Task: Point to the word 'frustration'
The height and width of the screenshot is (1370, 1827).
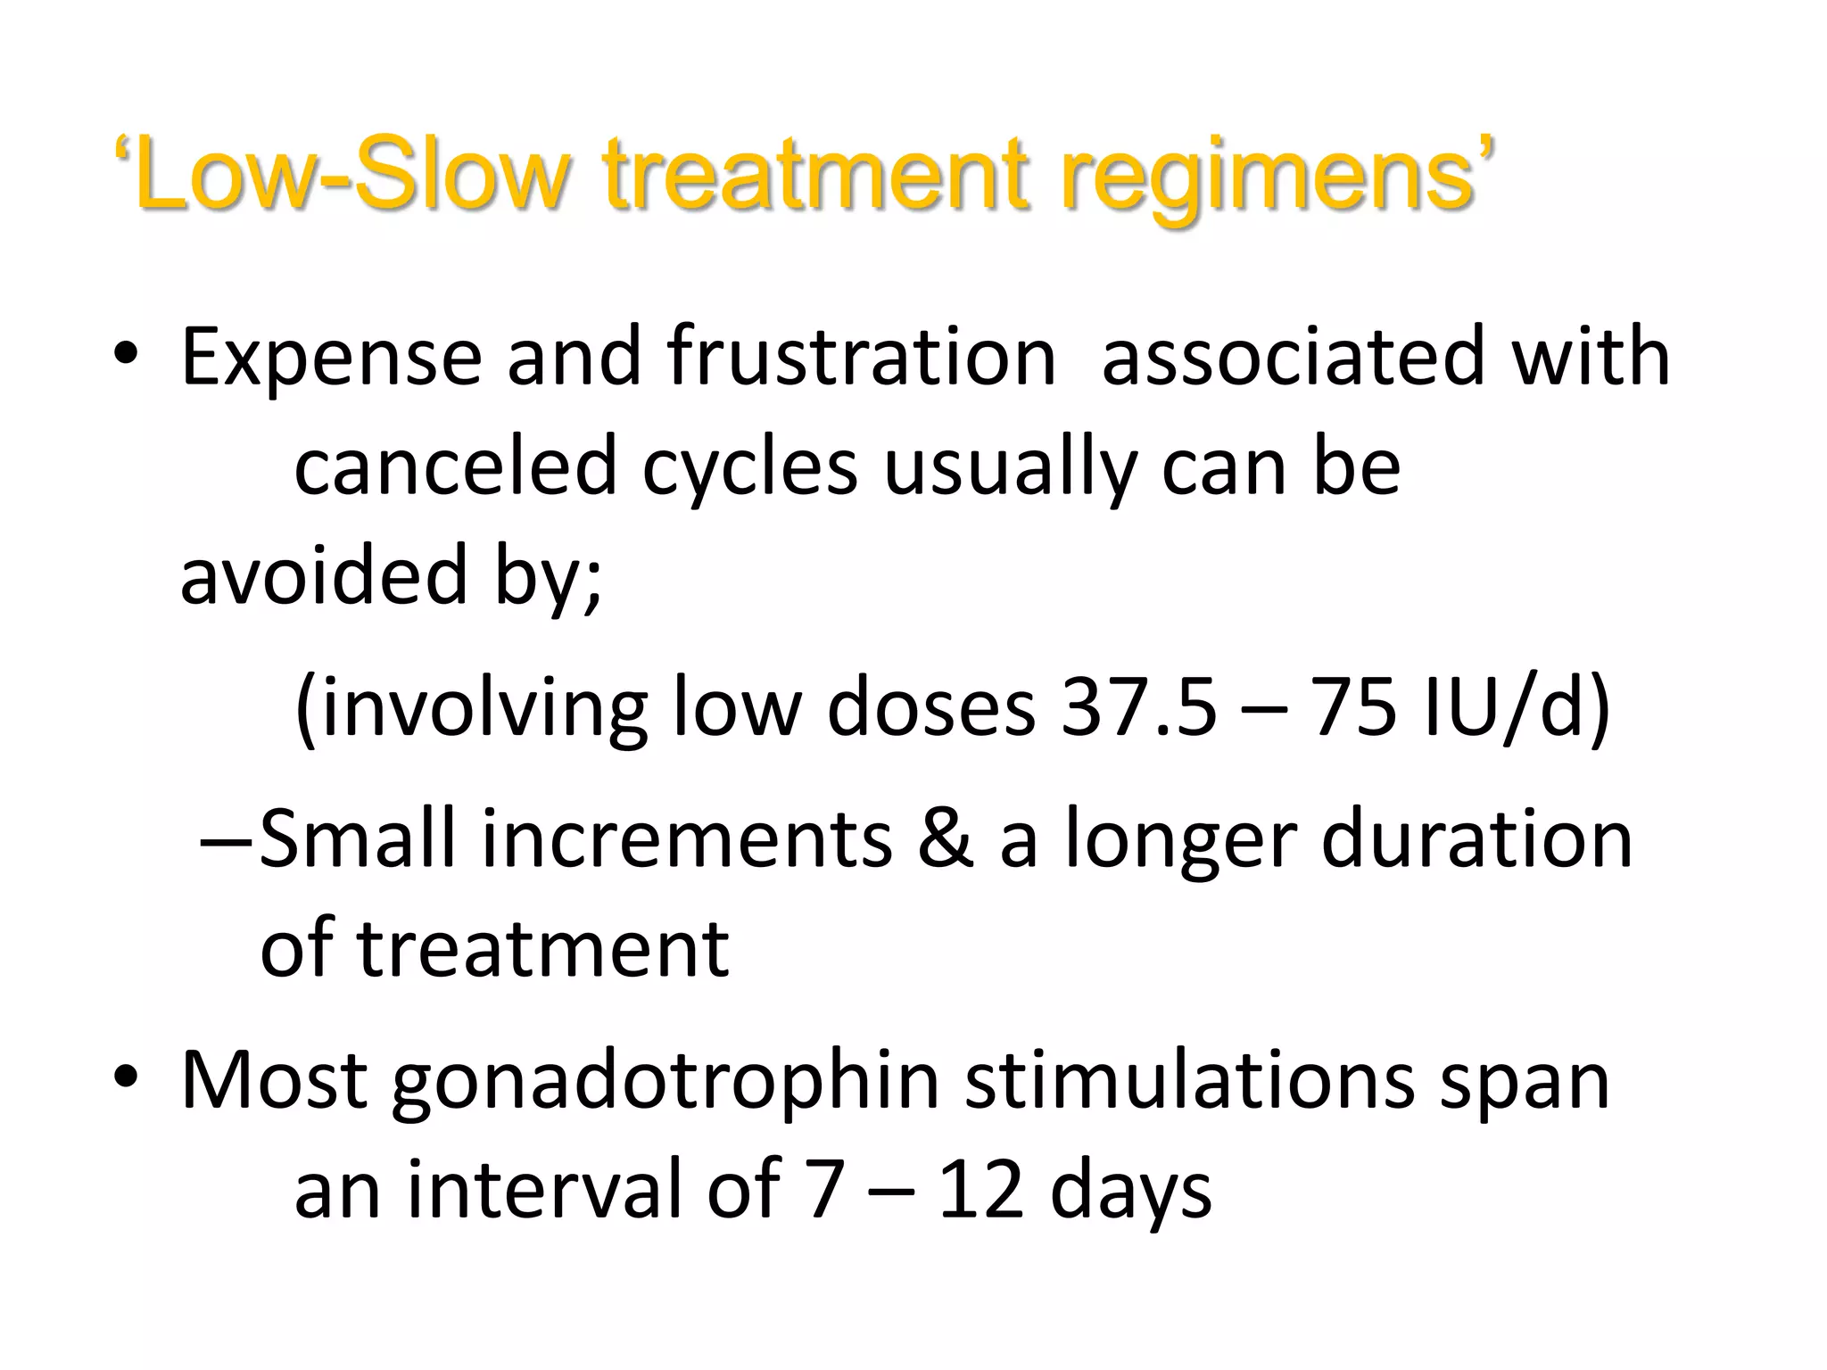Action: (x=862, y=359)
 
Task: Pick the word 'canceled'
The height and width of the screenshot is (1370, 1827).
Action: (x=456, y=468)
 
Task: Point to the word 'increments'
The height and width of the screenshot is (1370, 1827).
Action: (x=688, y=839)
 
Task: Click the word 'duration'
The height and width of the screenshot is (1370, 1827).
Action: (x=1476, y=839)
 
